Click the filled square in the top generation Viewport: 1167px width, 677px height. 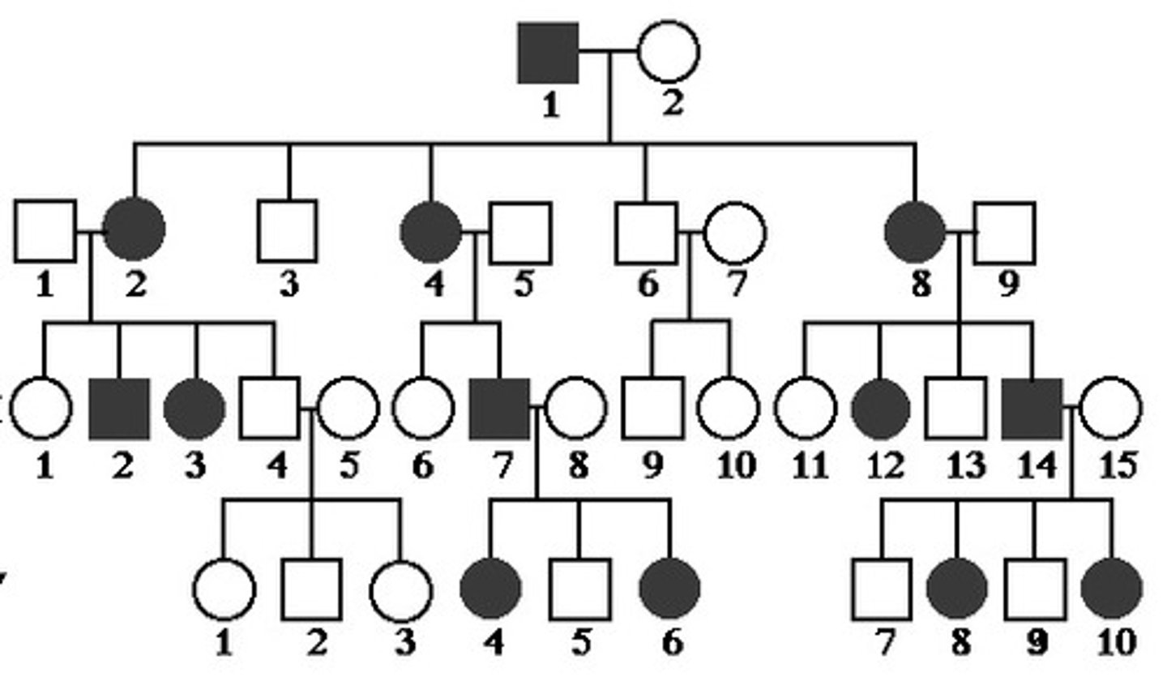tap(549, 53)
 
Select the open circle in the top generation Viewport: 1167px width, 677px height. tap(668, 51)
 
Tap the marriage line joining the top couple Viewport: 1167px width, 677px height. tap(608, 51)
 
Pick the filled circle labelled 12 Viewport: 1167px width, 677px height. tap(881, 408)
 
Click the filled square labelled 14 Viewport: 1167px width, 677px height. tap(1032, 408)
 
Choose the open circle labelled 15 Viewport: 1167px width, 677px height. tap(1111, 408)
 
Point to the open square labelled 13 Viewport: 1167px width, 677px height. tap(956, 408)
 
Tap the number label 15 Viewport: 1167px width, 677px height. tap(1115, 465)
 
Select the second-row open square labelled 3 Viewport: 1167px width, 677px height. tap(288, 232)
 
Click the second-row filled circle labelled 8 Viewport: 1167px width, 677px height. tap(915, 232)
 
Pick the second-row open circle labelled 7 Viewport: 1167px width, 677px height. tap(734, 233)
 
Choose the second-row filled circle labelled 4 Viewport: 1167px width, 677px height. tap(431, 232)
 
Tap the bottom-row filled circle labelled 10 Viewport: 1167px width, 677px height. tap(1112, 588)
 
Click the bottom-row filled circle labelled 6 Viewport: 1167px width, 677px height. tap(669, 588)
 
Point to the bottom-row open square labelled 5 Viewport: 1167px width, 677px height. tap(579, 589)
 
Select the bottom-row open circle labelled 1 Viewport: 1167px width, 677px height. tap(224, 589)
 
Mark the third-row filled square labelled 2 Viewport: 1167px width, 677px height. tap(118, 408)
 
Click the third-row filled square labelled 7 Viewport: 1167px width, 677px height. tap(499, 408)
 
